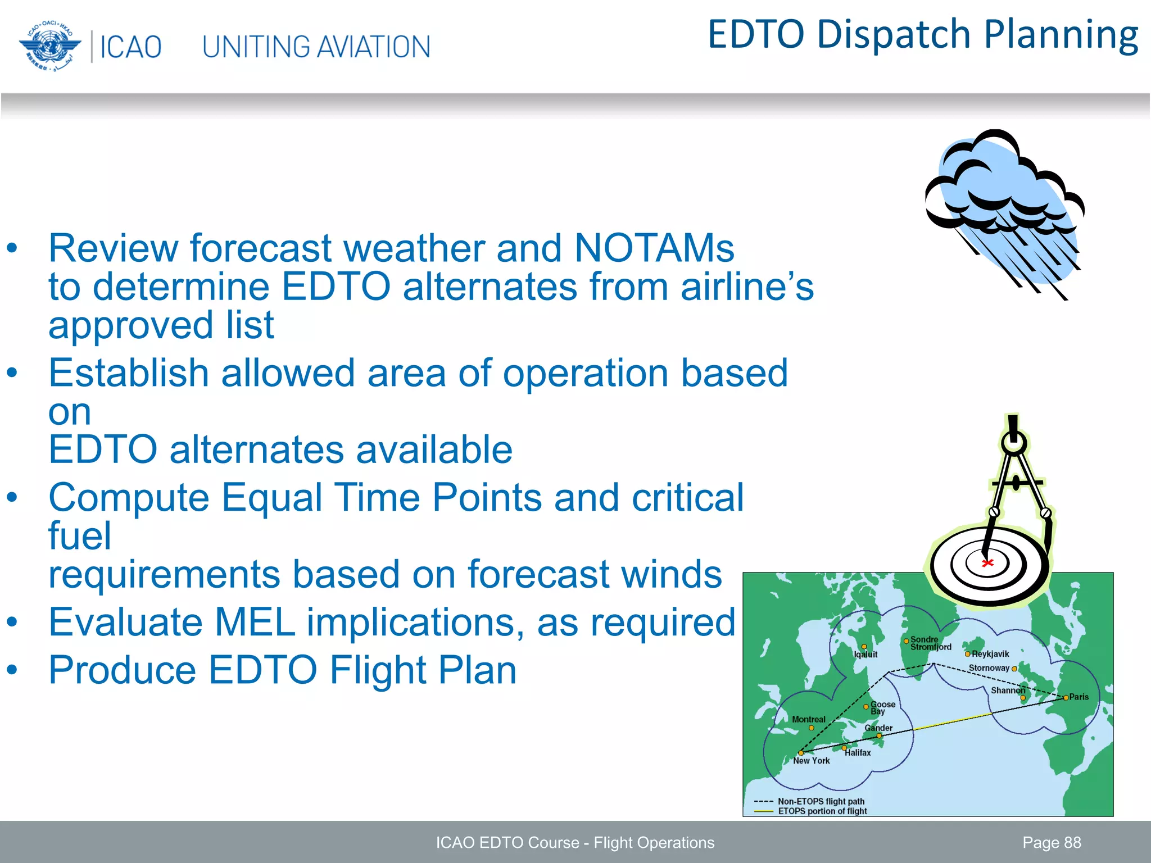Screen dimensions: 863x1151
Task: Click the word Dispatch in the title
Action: (x=894, y=35)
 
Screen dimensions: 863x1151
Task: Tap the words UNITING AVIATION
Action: (x=316, y=47)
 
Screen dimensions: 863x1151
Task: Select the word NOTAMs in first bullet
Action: (x=654, y=248)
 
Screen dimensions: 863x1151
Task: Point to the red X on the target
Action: (x=987, y=563)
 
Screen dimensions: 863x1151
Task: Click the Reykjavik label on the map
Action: (x=990, y=654)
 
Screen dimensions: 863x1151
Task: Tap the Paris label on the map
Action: (x=1079, y=697)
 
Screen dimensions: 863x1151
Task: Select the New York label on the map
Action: (x=811, y=761)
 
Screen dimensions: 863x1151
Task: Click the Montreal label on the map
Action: (x=808, y=719)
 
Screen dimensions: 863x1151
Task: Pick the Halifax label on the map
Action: (x=858, y=753)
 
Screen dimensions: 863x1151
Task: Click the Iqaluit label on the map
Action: (x=865, y=655)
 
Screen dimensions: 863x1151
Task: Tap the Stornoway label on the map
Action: (x=989, y=668)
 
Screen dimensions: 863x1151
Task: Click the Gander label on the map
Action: (x=878, y=728)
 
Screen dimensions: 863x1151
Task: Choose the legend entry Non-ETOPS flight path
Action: (x=821, y=801)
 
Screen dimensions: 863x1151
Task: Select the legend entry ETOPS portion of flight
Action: (x=822, y=811)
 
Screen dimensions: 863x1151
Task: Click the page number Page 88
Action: (x=1052, y=843)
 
